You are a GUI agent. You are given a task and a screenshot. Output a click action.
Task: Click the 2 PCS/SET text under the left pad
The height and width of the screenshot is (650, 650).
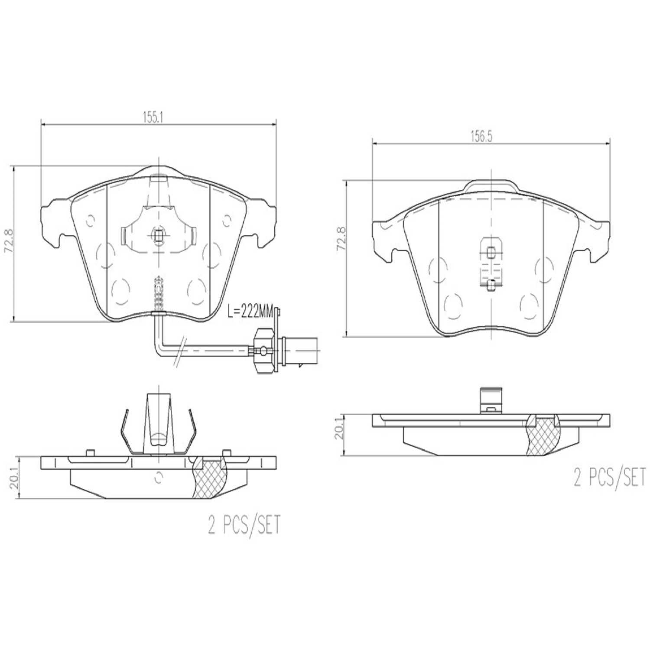(245, 525)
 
